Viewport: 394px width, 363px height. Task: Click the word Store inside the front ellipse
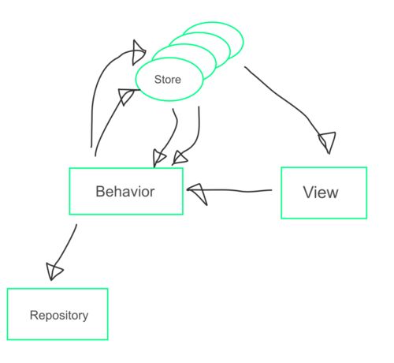point(168,80)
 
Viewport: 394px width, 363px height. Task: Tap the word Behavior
point(125,192)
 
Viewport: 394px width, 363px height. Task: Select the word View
point(321,193)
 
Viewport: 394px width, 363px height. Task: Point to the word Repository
point(59,315)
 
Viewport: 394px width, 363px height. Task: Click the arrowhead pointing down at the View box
point(328,142)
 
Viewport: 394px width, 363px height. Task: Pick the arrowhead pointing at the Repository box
point(54,271)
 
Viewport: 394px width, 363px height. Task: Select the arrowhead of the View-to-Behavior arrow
point(198,193)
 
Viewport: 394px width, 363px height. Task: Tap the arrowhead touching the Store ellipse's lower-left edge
point(128,96)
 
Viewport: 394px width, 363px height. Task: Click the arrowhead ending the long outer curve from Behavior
point(139,53)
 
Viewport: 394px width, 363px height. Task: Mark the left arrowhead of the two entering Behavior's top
point(158,158)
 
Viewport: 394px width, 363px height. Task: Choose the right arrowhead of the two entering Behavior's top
point(180,158)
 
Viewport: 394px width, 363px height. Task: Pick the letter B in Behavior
point(100,192)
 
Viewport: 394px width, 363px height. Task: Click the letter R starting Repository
point(34,315)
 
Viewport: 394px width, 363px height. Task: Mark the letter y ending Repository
point(85,316)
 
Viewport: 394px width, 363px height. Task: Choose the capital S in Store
point(158,80)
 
